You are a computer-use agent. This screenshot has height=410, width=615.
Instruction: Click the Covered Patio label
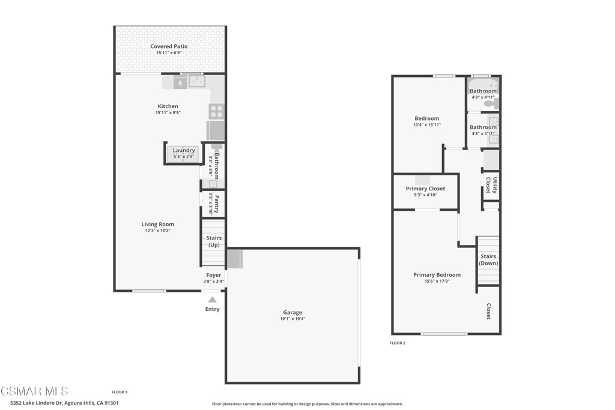point(169,46)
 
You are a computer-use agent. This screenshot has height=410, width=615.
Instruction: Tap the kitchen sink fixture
point(197,82)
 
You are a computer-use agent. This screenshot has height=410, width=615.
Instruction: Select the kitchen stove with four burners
point(216,111)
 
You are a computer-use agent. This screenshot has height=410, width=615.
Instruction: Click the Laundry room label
point(184,151)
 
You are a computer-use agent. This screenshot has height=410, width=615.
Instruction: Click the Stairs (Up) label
point(214,242)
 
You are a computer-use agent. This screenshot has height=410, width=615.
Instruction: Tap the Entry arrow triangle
point(212,300)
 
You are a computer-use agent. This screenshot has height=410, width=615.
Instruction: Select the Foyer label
point(214,275)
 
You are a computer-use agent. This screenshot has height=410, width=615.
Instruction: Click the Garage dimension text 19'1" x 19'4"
point(292,318)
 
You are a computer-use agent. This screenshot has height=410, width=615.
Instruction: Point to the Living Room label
point(157,225)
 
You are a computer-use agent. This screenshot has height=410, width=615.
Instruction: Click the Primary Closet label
point(425,188)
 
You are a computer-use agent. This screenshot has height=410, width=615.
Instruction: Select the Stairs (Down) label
point(488,260)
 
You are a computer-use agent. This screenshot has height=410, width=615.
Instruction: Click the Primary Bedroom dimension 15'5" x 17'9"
point(437,281)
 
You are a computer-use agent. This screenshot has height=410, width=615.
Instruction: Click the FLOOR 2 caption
point(398,343)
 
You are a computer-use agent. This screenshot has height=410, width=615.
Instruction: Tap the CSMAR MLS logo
point(34,391)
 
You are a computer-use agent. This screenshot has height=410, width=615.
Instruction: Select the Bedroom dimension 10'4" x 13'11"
point(426,125)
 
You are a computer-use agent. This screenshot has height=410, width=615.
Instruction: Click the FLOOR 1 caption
point(119,392)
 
